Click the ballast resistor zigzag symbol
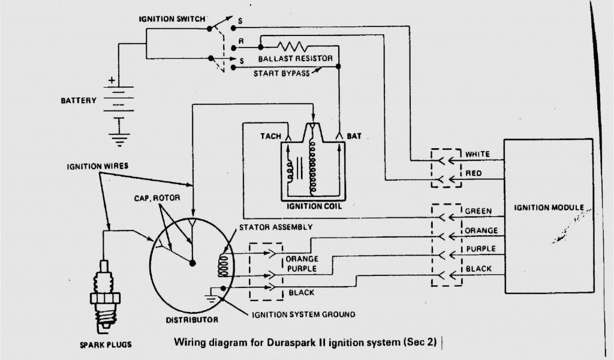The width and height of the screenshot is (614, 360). pos(292,46)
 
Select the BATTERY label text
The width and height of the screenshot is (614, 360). pos(78,100)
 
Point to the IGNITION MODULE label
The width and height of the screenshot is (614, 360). pos(549,208)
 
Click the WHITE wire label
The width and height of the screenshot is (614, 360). pos(477,154)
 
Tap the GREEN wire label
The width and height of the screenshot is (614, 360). pos(478,211)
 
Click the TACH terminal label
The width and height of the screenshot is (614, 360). pos(270,136)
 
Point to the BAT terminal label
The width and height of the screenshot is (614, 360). pos(354,136)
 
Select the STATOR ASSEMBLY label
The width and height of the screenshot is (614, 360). pos(275,227)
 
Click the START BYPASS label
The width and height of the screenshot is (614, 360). pos(282,73)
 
